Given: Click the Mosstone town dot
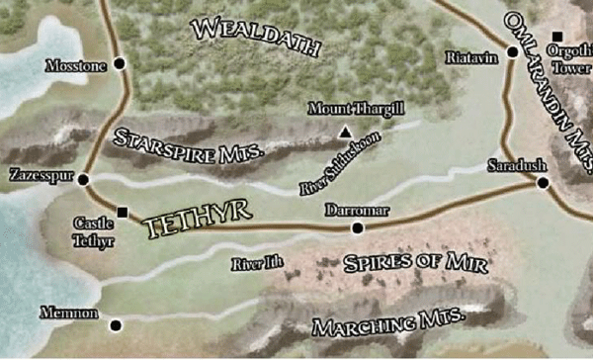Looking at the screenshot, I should click(120, 63).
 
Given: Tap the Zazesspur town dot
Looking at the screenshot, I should click(83, 180).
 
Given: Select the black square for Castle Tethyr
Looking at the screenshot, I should click(123, 211).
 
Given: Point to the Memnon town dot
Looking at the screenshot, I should click(116, 324).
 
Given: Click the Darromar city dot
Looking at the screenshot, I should click(357, 228).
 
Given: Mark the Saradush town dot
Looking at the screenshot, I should click(542, 182).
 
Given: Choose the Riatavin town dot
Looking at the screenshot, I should click(513, 52).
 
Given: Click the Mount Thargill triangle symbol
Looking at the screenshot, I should click(344, 133).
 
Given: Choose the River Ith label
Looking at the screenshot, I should click(251, 264).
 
